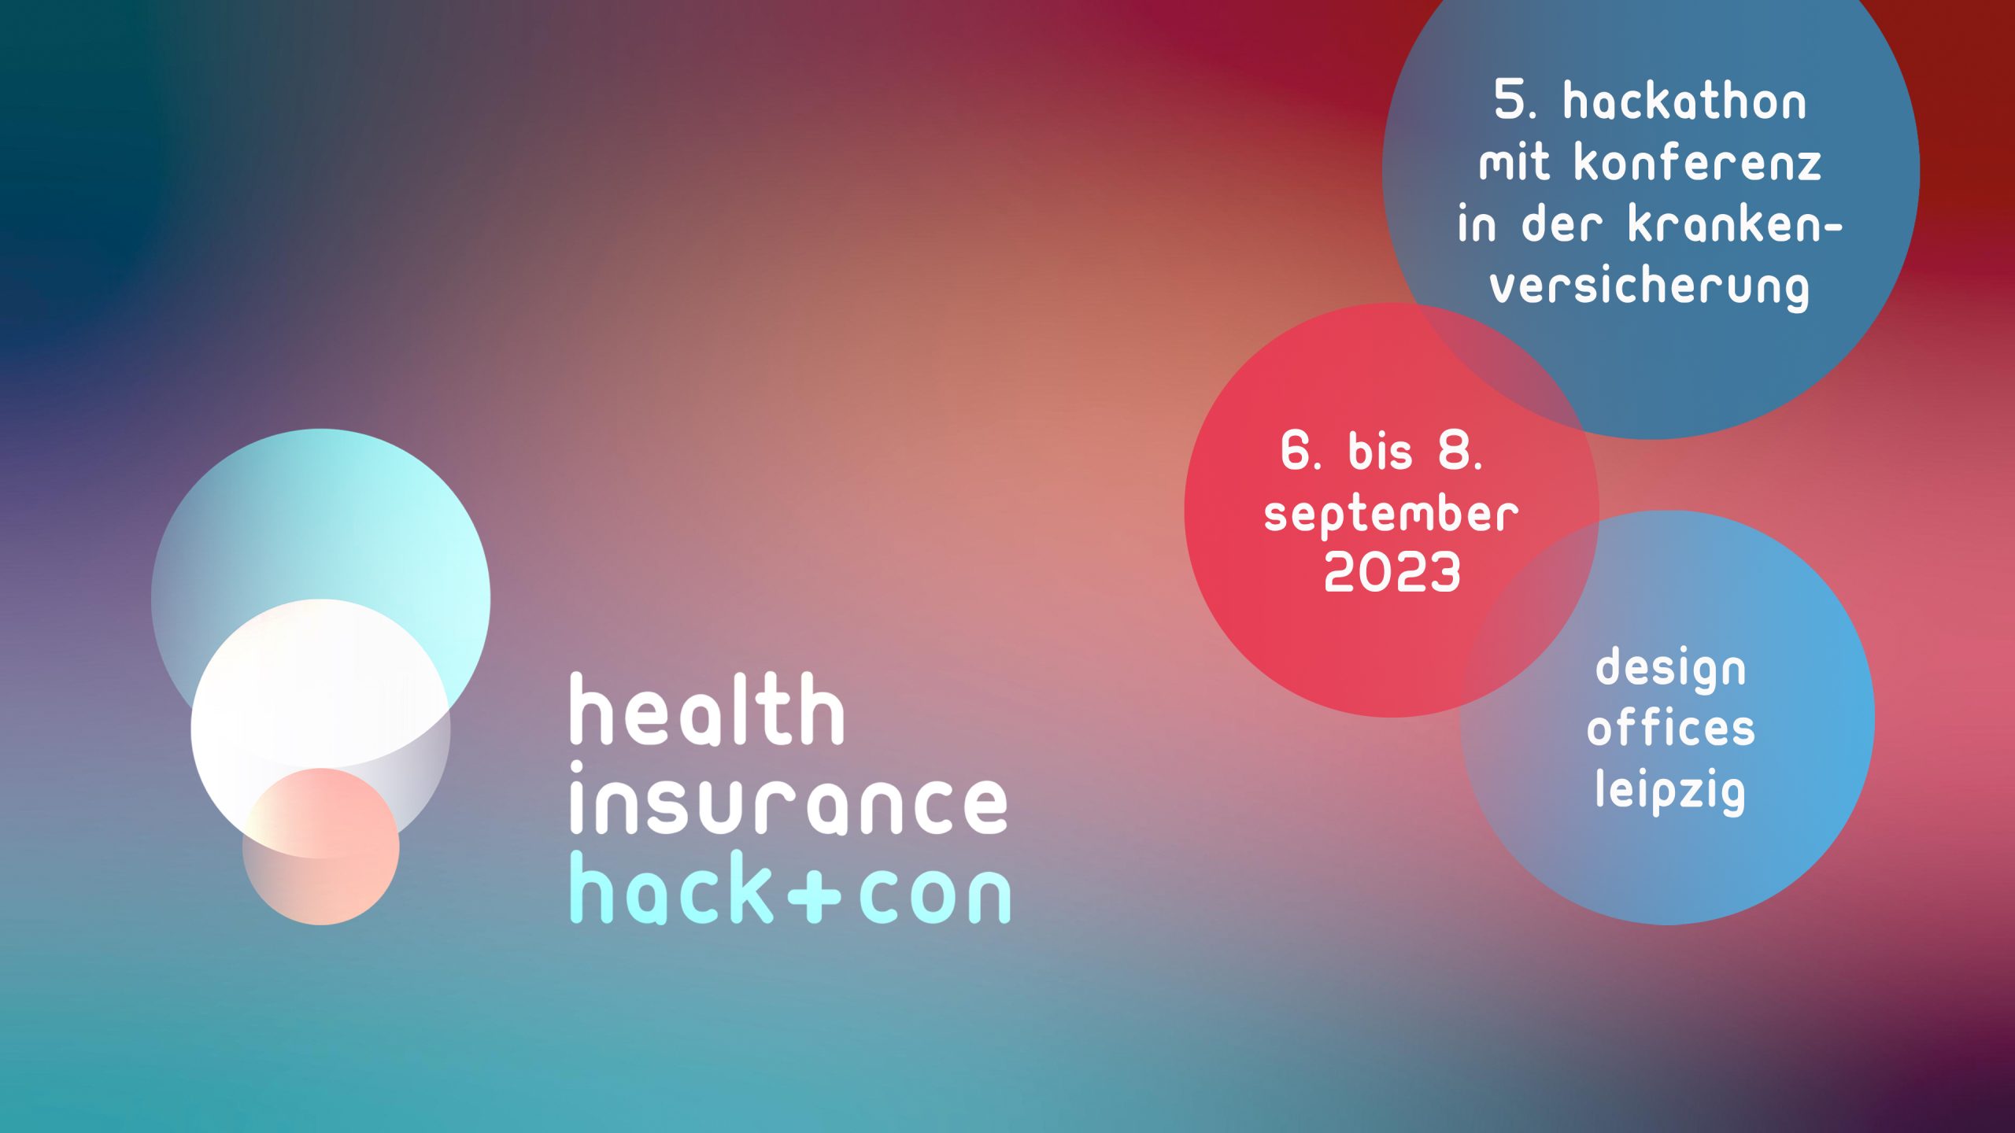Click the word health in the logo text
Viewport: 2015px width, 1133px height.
click(707, 710)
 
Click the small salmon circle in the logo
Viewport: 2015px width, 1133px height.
click(321, 865)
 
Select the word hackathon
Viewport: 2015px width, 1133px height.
click(1684, 102)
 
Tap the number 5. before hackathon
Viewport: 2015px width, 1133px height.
click(1515, 102)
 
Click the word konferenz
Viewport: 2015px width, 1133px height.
click(1698, 164)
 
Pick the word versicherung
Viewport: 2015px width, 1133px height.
click(1650, 288)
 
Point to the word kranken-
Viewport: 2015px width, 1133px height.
click(1735, 225)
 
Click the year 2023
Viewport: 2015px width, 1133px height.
click(1392, 572)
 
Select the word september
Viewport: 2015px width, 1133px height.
click(1391, 515)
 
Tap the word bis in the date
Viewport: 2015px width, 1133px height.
click(1379, 452)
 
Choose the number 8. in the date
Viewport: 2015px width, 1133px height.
click(1460, 452)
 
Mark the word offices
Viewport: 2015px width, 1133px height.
click(1670, 729)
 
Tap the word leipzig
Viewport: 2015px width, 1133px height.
click(1670, 792)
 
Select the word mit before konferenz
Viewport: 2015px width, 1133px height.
click(1514, 164)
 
